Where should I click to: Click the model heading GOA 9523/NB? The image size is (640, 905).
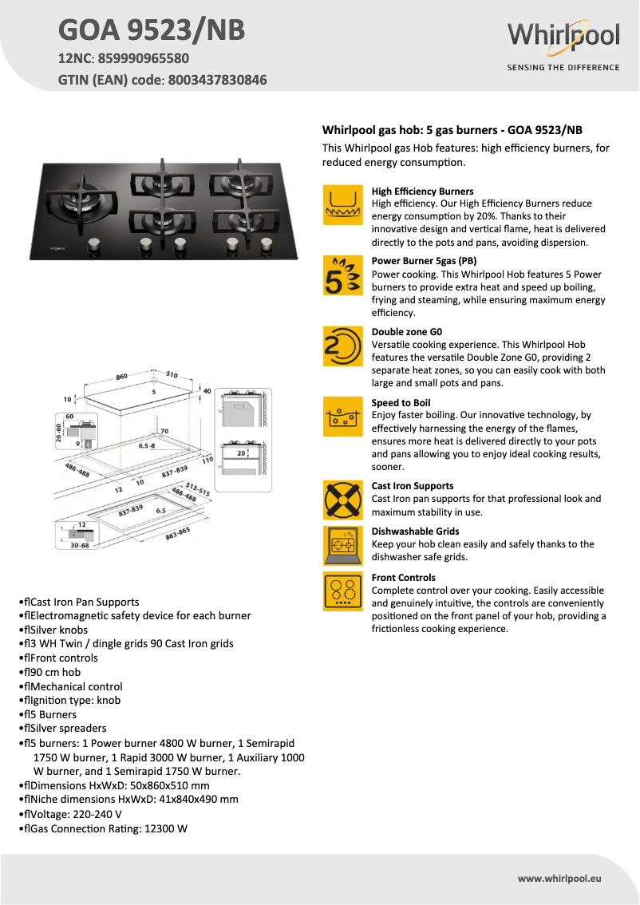tap(152, 30)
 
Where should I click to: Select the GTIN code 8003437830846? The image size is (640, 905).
tap(216, 80)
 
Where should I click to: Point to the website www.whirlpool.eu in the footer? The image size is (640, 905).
tap(559, 878)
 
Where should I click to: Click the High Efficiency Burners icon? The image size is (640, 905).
tap(343, 206)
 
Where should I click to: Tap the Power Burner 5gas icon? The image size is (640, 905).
tap(343, 275)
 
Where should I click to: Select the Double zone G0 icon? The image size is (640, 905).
tap(343, 346)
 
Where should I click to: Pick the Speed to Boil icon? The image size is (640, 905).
tap(343, 417)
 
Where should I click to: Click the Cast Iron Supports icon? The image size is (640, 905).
tap(343, 500)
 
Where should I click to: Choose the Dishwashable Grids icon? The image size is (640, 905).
tap(343, 546)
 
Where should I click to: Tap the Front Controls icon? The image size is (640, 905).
tap(343, 591)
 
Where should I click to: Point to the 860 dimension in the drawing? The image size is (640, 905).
tap(121, 377)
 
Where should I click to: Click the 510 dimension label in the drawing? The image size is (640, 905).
tap(172, 373)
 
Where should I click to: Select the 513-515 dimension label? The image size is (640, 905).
tap(197, 489)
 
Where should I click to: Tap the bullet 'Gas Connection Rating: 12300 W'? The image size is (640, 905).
tap(108, 828)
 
